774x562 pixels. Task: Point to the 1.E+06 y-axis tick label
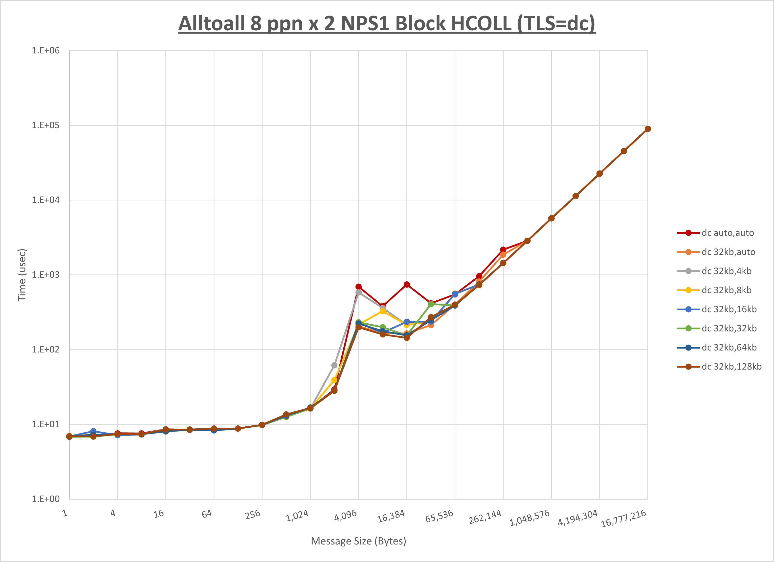pyautogui.click(x=46, y=50)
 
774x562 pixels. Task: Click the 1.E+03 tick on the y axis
pyautogui.click(x=46, y=274)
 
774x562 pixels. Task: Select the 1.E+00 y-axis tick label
pyautogui.click(x=46, y=499)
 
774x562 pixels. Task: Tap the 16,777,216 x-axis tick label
pyautogui.click(x=623, y=518)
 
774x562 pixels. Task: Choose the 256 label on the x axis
pyautogui.click(x=253, y=515)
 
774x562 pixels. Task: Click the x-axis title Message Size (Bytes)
pyautogui.click(x=358, y=541)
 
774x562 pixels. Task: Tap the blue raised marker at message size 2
pyautogui.click(x=93, y=431)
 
